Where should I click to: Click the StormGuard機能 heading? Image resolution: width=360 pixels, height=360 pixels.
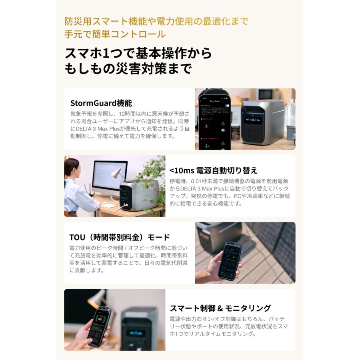pos(101,103)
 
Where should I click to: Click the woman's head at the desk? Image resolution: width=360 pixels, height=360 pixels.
pos(72,168)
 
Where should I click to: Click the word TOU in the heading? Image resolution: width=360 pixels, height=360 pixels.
pos(78,237)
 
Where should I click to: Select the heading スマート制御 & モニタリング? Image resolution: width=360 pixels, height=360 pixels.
pos(220,308)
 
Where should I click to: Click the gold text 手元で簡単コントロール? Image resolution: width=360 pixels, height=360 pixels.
pos(115,34)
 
